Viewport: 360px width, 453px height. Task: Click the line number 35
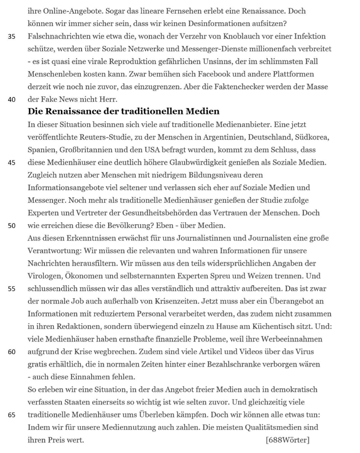(11, 36)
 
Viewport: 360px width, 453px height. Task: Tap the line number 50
(11, 226)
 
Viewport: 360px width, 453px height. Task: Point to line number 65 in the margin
(11, 415)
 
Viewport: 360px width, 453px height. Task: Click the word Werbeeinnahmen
(292, 339)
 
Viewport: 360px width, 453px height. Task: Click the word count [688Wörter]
(288, 440)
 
